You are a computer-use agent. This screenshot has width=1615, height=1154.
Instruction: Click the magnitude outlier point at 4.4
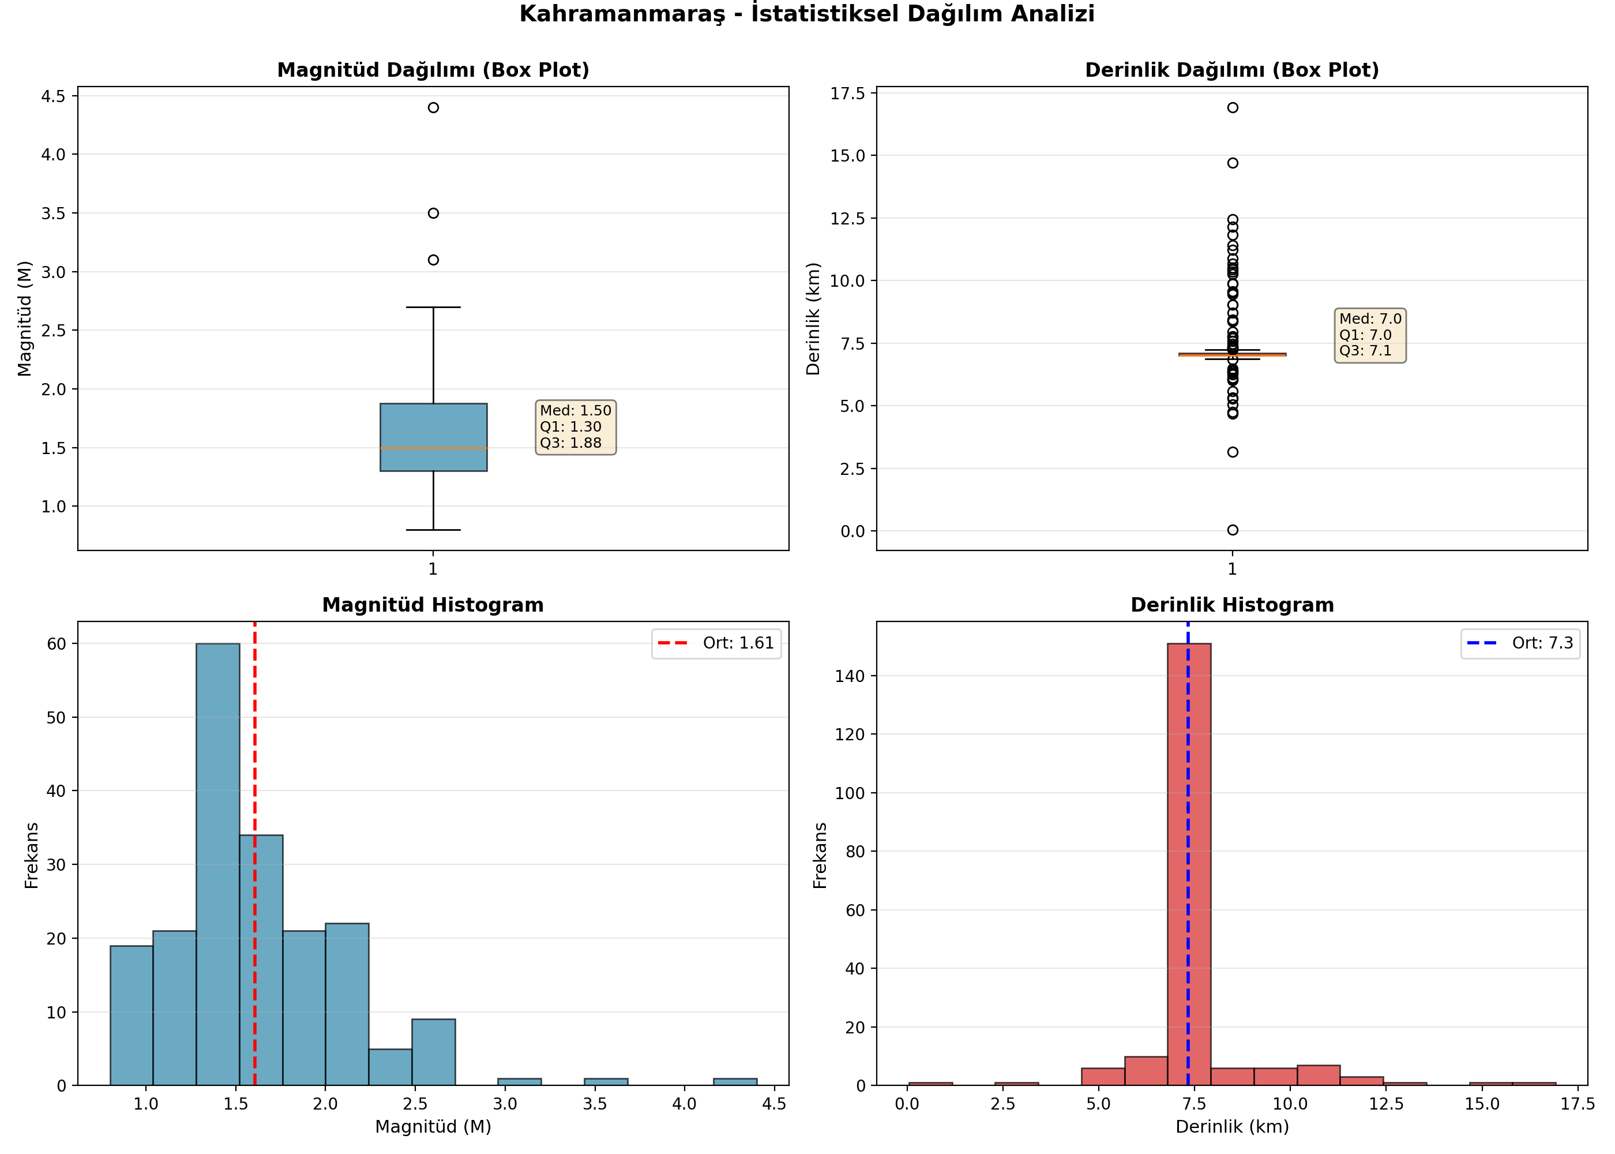(433, 107)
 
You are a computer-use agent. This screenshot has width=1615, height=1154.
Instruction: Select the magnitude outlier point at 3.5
(433, 213)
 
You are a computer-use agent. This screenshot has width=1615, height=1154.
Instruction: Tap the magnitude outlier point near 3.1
(433, 260)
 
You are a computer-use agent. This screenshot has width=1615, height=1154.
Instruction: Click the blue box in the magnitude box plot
(433, 437)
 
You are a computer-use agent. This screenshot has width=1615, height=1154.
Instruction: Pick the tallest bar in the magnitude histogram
(218, 864)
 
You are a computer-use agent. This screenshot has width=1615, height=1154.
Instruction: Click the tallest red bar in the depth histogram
(1189, 864)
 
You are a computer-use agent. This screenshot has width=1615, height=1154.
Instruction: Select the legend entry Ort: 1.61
(716, 643)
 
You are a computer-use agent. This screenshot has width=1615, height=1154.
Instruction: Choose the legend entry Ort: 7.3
(1520, 643)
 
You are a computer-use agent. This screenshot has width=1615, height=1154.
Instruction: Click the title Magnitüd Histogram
(433, 605)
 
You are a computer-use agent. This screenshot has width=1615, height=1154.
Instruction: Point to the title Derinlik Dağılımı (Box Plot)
(1232, 70)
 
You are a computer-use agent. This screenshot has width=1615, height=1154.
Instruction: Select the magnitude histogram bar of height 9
(433, 1052)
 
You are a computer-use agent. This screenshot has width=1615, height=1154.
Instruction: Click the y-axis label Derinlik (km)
(813, 319)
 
